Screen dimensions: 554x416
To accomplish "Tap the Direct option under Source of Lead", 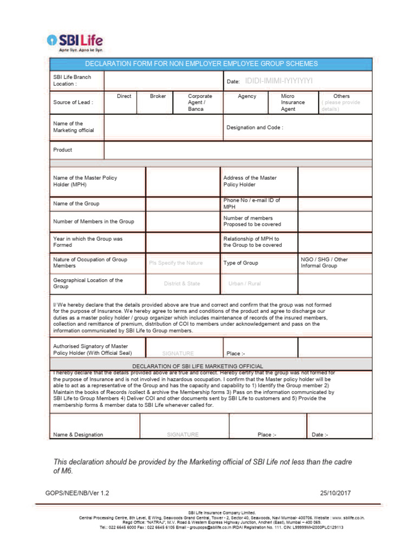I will pyautogui.click(x=124, y=96).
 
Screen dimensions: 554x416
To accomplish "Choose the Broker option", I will pyautogui.click(x=158, y=96).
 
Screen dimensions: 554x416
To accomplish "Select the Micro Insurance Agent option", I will pyautogui.click(x=292, y=102).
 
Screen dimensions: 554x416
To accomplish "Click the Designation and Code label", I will pyautogui.click(x=255, y=128).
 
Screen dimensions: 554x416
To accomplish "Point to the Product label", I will pyautogui.click(x=62, y=150).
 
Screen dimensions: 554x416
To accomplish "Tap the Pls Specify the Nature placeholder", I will pyautogui.click(x=175, y=263).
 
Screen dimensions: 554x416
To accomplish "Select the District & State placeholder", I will pyautogui.click(x=182, y=283).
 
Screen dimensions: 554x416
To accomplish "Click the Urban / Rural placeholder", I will pyautogui.click(x=244, y=283).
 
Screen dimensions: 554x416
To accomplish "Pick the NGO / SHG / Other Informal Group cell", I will pyautogui.click(x=324, y=263).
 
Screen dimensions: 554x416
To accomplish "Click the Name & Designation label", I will pyautogui.click(x=78, y=434).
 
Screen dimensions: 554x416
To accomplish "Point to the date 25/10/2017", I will pyautogui.click(x=336, y=493).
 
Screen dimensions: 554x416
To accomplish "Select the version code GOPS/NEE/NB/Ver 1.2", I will pyautogui.click(x=81, y=493).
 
